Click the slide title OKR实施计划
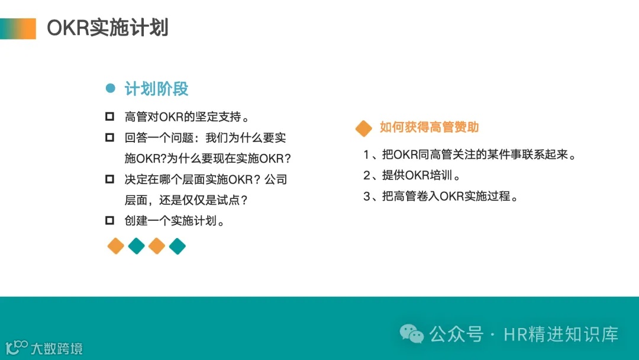coord(108,28)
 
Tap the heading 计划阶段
coord(156,89)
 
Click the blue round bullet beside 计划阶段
coord(110,89)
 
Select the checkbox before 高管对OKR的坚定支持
coord(109,117)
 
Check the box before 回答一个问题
coord(109,138)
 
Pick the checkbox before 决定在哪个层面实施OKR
coord(109,179)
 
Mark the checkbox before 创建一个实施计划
coord(109,221)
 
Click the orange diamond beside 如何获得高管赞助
coord(363,128)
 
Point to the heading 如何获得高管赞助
coord(429,127)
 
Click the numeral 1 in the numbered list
coord(367,155)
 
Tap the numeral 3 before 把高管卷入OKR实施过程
coord(367,196)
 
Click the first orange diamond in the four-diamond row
coord(116,246)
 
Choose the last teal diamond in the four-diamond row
coord(177,246)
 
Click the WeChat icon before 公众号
coord(412,334)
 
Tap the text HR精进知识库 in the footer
coord(561,334)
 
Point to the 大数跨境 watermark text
coord(56,348)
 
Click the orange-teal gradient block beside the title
coord(18,28)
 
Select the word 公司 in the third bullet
coord(276,179)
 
